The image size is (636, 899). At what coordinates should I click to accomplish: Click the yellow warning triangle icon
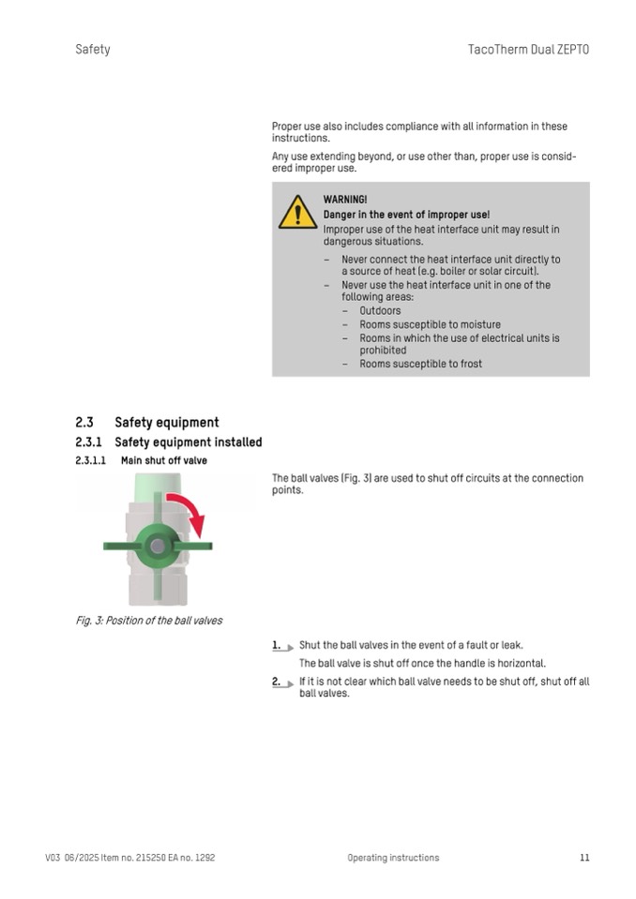[x=297, y=213]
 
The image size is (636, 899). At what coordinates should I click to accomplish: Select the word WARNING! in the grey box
[x=345, y=200]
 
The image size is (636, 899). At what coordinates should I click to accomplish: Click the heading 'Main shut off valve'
[x=164, y=461]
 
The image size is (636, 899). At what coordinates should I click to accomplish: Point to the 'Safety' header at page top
[x=93, y=49]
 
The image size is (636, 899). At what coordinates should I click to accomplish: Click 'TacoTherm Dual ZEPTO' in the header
[x=528, y=49]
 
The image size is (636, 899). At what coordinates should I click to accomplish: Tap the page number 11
[x=584, y=857]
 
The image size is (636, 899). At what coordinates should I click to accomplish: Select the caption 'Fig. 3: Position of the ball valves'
[x=149, y=621]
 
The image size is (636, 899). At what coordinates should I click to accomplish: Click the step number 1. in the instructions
[x=277, y=645]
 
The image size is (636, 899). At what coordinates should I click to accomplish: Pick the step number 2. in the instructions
[x=277, y=682]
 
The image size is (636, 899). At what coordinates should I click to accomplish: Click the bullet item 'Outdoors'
[x=380, y=311]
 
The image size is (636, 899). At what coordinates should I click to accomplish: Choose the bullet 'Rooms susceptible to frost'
[x=420, y=364]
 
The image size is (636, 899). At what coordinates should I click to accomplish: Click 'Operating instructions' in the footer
[x=393, y=857]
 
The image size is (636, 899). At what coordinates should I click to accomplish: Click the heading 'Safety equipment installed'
[x=189, y=442]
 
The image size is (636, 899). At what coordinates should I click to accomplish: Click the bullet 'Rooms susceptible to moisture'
[x=430, y=324]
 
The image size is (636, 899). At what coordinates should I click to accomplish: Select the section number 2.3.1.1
[x=91, y=461]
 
